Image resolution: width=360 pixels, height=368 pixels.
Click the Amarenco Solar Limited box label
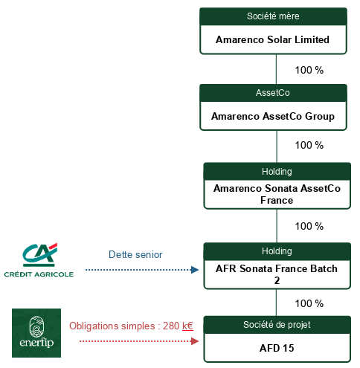(x=272, y=39)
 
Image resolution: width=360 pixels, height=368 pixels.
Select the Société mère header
(x=273, y=16)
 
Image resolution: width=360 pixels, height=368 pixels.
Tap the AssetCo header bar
(x=273, y=93)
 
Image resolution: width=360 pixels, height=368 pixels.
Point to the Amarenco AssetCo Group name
(x=273, y=116)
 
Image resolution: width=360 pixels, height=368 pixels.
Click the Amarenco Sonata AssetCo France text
(x=277, y=194)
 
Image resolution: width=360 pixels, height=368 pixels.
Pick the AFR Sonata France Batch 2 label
(x=277, y=274)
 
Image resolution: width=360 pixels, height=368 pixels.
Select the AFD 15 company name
(x=277, y=348)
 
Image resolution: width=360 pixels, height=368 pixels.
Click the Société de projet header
(x=277, y=325)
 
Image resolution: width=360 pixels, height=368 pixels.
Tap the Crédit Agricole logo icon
(x=39, y=255)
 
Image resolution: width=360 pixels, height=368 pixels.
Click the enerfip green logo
(x=36, y=333)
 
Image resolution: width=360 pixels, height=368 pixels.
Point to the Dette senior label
(x=135, y=254)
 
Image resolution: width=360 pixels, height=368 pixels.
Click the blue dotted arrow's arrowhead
(x=195, y=270)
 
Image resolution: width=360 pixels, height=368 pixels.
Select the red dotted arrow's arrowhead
(x=195, y=341)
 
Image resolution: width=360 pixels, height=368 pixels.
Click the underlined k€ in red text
(x=187, y=326)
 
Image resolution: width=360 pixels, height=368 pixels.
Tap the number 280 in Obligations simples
(x=171, y=326)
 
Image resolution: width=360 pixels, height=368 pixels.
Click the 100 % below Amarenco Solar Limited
(x=309, y=70)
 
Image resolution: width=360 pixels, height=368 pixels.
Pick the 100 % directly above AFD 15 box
(x=309, y=303)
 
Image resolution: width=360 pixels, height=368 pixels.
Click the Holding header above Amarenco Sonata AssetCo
(x=277, y=172)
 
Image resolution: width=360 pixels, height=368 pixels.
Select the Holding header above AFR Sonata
(x=277, y=251)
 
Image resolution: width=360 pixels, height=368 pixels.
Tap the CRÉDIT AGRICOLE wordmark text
(x=39, y=274)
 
